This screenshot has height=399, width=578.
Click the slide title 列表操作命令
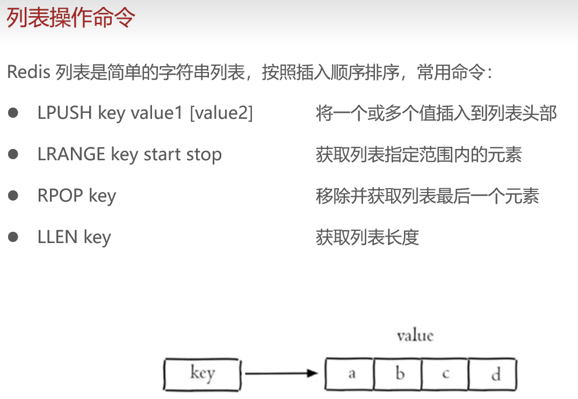70,18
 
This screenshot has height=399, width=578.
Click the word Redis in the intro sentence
29,72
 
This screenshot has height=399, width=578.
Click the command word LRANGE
71,154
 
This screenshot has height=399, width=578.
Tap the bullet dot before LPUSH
13,113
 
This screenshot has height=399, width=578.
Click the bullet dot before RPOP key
13,196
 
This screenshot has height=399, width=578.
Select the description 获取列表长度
367,237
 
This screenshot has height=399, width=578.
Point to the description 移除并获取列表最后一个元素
427,196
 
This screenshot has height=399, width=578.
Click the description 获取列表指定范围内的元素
419,155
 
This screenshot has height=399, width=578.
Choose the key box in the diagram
202,373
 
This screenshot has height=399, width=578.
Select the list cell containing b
398,374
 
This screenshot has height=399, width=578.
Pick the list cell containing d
493,374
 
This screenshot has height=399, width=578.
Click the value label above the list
415,336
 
